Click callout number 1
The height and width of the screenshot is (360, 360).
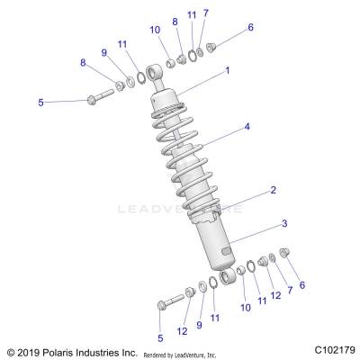tap(228, 70)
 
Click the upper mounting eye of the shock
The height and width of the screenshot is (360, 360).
tap(168, 68)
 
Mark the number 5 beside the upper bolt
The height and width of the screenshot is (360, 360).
tap(40, 103)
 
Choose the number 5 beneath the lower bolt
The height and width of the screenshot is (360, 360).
tap(162, 337)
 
